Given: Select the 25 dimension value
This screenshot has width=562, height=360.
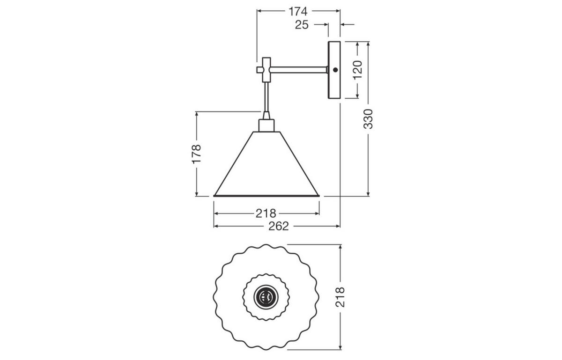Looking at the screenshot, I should coord(302,25).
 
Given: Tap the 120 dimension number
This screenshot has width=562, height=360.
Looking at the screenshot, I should coord(357,70).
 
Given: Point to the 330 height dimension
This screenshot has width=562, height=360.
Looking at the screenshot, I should coord(369,119).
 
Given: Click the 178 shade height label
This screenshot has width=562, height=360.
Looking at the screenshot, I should coord(196,154).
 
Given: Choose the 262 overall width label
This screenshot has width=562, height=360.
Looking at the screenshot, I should coord(279,226).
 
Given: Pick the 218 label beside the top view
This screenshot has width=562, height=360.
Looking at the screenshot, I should coord(340,297).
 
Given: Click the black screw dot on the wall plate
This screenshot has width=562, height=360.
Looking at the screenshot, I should coord(335,70).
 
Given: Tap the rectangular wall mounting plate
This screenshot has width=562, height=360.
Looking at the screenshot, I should coord(334,87).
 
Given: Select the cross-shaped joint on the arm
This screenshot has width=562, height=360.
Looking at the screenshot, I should coord(266,70).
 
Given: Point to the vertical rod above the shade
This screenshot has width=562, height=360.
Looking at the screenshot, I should coord(266,96).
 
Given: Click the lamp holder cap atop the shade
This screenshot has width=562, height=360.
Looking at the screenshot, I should coord(266,125).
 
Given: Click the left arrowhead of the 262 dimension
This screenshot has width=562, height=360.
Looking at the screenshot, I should coord(216,226).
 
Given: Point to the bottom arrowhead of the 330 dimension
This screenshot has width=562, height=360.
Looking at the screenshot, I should coord(369,193).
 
